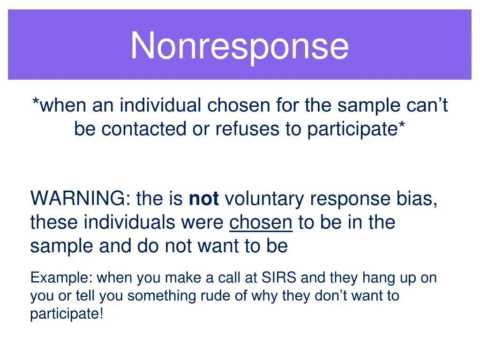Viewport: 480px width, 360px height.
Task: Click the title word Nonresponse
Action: tap(240, 46)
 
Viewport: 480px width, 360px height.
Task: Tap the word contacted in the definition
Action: tap(143, 128)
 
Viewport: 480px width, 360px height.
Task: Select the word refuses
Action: tap(247, 128)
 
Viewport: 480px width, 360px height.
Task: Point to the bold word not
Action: tap(204, 199)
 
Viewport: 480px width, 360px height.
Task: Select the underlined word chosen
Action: tap(261, 222)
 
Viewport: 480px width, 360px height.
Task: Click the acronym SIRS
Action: tap(279, 277)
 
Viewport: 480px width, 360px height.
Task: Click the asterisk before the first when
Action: tap(36, 101)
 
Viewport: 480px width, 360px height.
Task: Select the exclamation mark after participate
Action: tap(101, 314)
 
